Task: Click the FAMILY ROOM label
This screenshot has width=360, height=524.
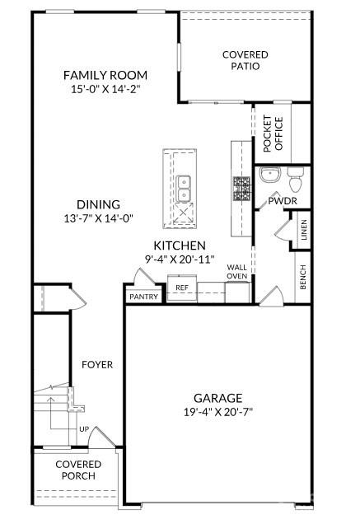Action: click(105, 75)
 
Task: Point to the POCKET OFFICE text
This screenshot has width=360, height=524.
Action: click(273, 133)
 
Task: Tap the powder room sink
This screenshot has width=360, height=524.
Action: click(269, 175)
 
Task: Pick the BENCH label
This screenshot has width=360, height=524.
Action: click(303, 276)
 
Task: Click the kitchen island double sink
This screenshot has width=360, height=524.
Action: click(185, 188)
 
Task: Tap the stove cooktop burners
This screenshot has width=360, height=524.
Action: click(241, 189)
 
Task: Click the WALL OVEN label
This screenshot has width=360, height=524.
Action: click(237, 272)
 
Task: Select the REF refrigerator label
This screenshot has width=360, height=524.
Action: click(181, 288)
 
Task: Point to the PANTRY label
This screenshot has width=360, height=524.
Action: click(143, 296)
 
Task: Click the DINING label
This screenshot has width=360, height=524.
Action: click(99, 204)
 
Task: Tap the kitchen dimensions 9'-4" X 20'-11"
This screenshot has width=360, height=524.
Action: click(180, 259)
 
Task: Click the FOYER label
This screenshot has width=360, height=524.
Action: click(97, 364)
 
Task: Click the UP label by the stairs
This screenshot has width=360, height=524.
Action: click(83, 429)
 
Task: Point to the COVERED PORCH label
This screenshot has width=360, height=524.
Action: click(78, 470)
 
